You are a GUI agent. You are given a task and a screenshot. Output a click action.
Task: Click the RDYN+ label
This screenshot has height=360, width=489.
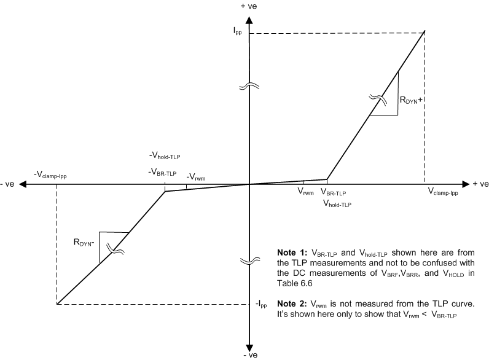tap(410, 101)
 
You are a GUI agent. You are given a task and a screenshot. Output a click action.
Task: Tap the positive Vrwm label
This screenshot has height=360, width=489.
tap(305, 192)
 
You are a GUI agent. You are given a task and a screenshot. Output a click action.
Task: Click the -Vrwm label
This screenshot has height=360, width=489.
tap(196, 178)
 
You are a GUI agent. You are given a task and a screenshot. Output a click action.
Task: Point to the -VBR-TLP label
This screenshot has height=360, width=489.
tap(163, 171)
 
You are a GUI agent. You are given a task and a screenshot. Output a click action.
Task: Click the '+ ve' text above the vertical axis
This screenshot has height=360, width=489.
tap(249, 6)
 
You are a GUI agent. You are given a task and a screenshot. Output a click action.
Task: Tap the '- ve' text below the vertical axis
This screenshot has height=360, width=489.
tap(249, 355)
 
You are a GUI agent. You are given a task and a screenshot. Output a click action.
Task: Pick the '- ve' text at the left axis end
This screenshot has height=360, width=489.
tap(9, 184)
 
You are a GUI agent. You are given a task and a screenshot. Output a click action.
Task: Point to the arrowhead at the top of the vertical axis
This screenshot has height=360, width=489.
tap(249, 15)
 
